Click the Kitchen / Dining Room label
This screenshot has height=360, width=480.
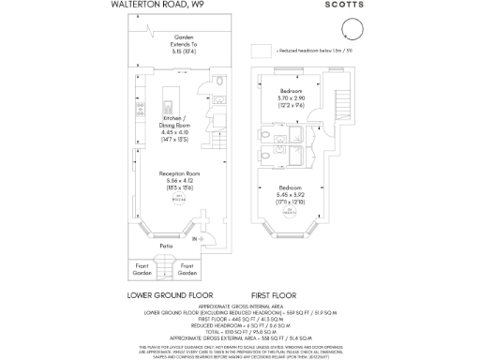pos(175,128)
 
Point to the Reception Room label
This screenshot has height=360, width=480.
pos(176,184)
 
